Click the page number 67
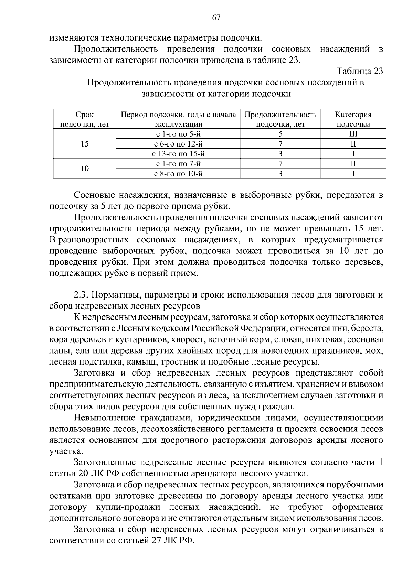(x=216, y=18)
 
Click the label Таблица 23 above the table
(x=360, y=71)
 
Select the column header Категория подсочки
(x=353, y=119)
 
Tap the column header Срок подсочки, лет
(x=84, y=119)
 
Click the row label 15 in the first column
(x=84, y=144)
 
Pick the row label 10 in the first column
(x=84, y=169)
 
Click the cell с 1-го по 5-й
(x=178, y=134)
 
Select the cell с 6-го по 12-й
(x=178, y=144)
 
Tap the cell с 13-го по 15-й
(x=178, y=154)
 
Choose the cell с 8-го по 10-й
(x=178, y=174)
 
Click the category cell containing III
(x=353, y=134)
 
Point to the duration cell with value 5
(x=280, y=134)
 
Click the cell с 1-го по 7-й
(x=178, y=164)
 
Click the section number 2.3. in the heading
(x=81, y=295)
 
